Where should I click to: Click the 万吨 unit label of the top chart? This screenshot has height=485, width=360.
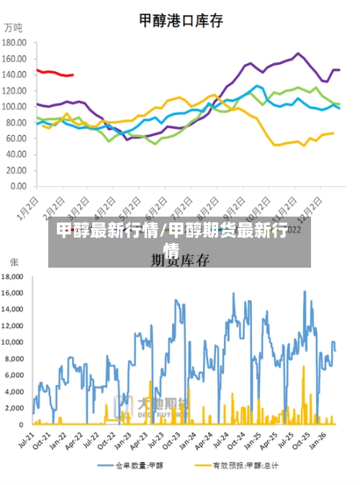(13, 29)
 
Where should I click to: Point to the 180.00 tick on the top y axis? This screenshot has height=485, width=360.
(14, 42)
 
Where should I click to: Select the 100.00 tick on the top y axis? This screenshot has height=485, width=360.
(14, 106)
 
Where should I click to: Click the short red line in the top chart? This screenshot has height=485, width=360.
(55, 73)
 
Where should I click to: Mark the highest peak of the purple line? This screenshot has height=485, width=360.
(298, 53)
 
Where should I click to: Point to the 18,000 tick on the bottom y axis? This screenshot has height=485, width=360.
(14, 276)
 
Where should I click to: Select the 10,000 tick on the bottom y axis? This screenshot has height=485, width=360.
(14, 343)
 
